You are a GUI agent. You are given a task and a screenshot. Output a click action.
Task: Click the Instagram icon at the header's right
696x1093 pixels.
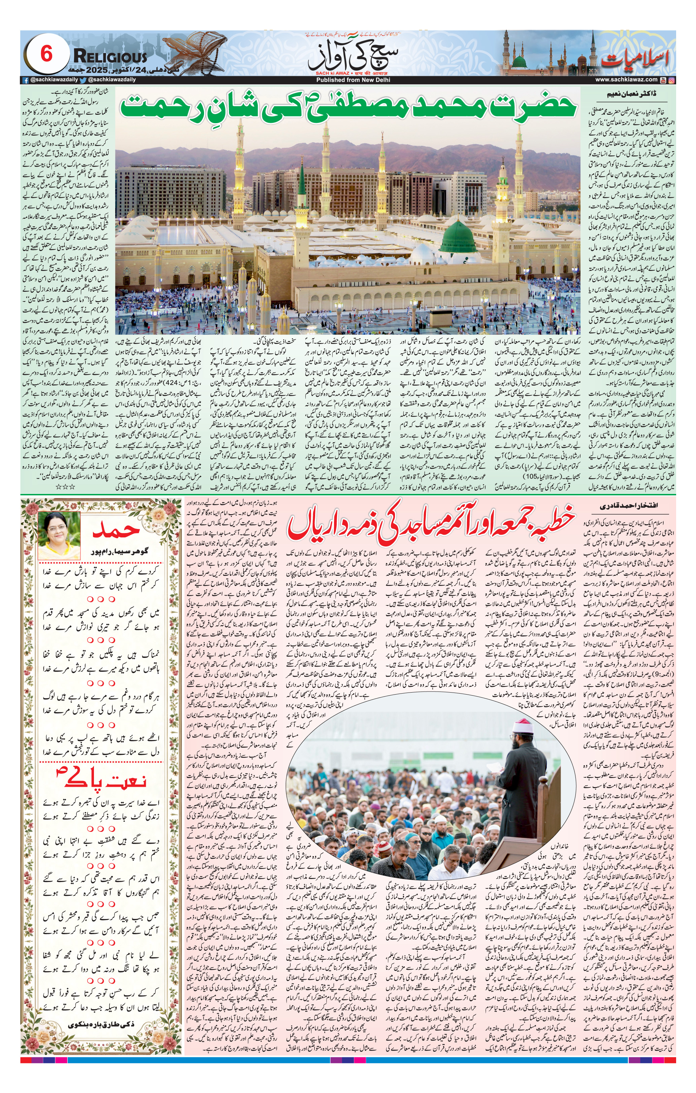tap(671, 80)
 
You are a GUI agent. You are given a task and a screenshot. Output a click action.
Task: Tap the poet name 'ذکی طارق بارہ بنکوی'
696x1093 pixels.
tap(100, 1037)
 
